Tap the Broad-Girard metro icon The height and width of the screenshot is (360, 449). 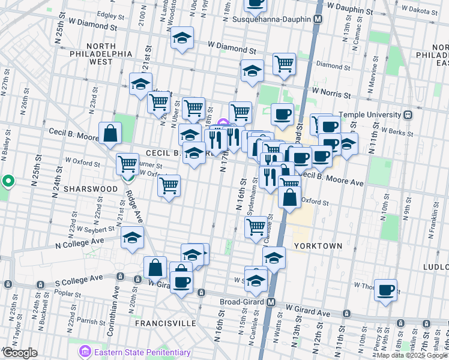click(x=271, y=302)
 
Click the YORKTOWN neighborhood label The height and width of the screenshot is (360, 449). click(x=318, y=246)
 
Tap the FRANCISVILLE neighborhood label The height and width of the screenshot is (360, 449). click(x=166, y=323)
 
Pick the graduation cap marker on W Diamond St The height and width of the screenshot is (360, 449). click(x=182, y=38)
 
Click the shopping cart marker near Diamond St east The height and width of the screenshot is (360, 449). click(x=284, y=64)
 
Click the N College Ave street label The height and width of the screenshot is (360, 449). click(x=80, y=242)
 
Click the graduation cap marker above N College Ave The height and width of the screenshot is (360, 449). click(x=132, y=237)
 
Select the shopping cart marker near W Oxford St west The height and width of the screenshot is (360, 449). click(x=127, y=162)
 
